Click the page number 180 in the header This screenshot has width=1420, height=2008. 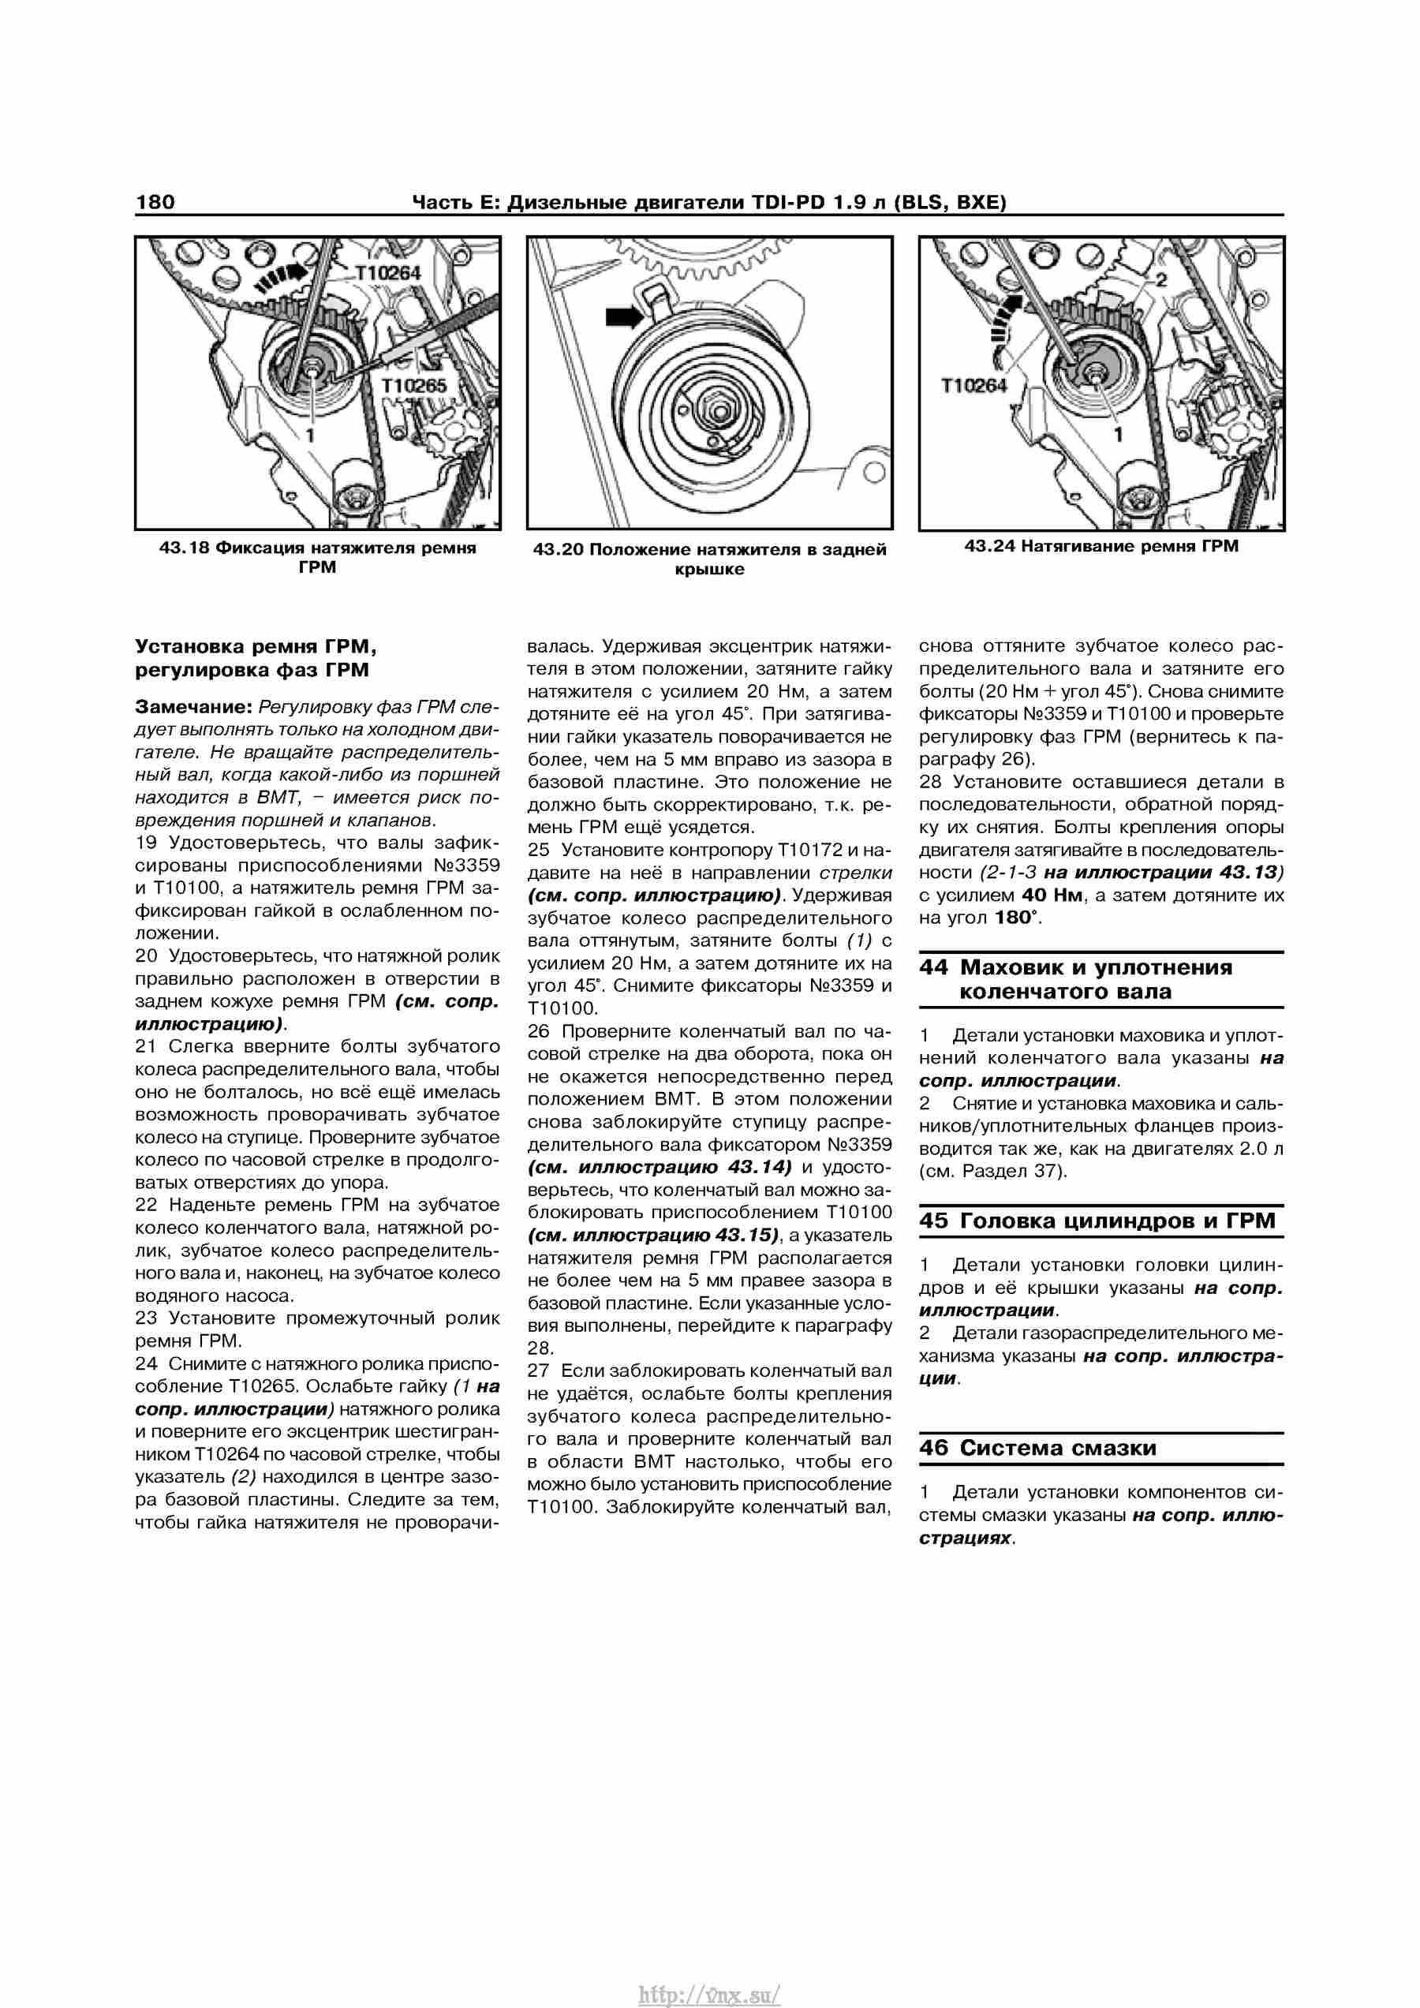pos(155,202)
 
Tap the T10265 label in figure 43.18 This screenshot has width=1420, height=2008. pos(413,386)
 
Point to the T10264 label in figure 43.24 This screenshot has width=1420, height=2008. pos(973,386)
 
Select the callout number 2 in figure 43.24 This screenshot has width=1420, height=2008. pos(1161,281)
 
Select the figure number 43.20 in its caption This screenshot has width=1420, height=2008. pos(558,550)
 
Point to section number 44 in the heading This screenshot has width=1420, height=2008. pos(933,967)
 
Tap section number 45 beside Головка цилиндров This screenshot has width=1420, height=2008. pos(933,1220)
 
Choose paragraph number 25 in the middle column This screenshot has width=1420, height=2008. pos(540,850)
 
